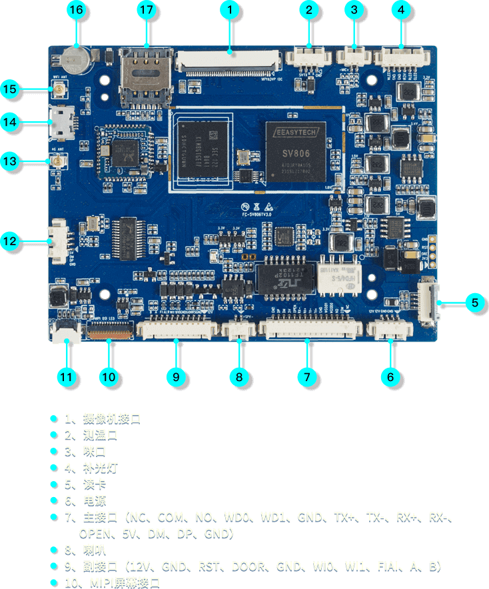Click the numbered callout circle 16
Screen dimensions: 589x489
[77, 10]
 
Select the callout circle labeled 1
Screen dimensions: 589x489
[229, 10]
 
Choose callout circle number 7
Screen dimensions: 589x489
[306, 376]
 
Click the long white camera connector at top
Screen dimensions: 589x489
[227, 62]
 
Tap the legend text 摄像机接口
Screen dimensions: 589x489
[112, 418]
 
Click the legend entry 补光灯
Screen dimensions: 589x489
[101, 467]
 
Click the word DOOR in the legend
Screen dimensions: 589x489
[248, 566]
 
